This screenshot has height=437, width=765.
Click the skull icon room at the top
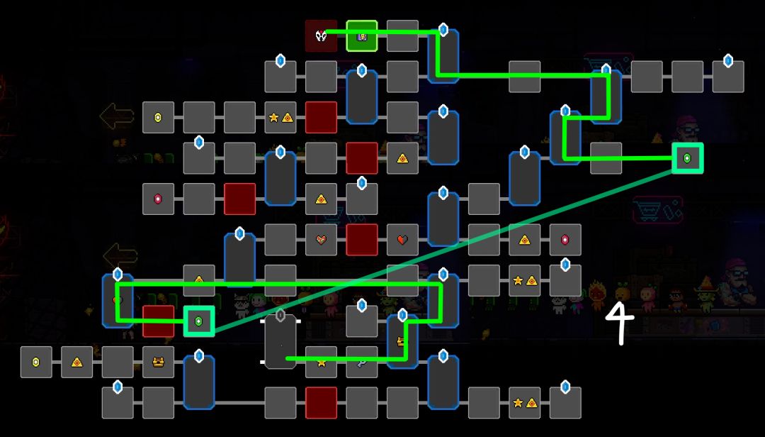point(321,36)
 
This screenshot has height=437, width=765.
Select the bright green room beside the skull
point(362,36)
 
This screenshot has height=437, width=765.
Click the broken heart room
point(321,240)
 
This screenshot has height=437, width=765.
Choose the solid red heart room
point(402,240)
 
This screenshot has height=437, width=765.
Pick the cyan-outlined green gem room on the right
point(687,158)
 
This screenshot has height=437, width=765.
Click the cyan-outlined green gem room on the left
point(199,321)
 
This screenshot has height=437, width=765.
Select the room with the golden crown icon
point(158,362)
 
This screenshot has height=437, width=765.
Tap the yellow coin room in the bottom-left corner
point(36,362)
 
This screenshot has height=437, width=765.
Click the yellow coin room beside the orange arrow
point(158,118)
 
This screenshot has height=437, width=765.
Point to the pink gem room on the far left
point(158,199)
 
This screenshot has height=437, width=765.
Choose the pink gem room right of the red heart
point(565,240)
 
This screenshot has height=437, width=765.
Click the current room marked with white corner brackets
point(280,341)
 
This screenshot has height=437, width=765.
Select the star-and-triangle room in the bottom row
point(524,403)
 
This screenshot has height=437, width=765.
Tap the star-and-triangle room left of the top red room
point(280,118)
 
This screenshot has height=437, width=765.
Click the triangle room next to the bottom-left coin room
point(76,362)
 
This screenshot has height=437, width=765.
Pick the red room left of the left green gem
point(158,321)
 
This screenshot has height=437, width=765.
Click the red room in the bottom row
point(321,403)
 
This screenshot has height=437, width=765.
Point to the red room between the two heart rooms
point(362,240)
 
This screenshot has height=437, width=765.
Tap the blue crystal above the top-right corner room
point(728,61)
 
